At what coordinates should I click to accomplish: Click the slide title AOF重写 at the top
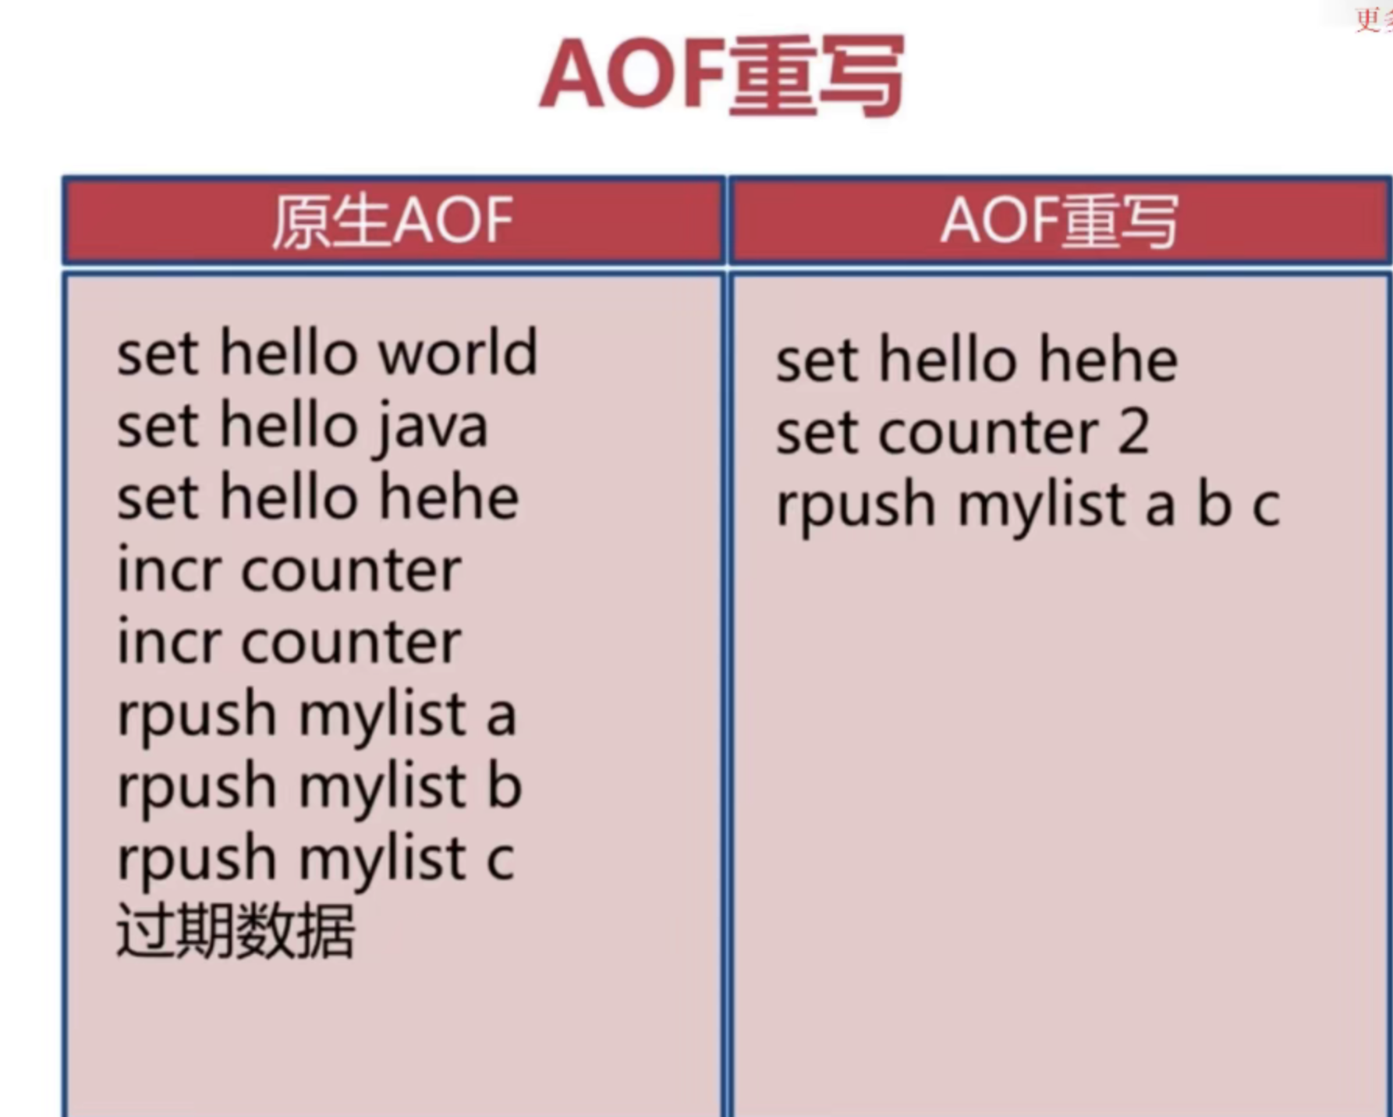[x=722, y=76]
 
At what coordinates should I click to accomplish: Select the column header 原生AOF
[x=392, y=222]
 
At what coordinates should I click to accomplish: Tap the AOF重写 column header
[x=1059, y=222]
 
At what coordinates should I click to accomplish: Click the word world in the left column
[x=458, y=353]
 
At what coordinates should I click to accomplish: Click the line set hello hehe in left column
[x=318, y=498]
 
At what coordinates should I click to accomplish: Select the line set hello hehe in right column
[x=977, y=360]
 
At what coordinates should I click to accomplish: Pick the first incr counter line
[x=289, y=570]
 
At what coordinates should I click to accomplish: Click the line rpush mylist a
[x=317, y=715]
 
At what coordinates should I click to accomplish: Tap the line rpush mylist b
[x=320, y=787]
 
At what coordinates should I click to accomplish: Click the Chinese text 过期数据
[x=236, y=930]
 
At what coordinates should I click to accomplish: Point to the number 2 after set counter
[x=1133, y=432]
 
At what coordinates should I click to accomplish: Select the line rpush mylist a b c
[x=1028, y=506]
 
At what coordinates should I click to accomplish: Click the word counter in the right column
[x=989, y=433]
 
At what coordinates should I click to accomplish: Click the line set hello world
[x=328, y=353]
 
